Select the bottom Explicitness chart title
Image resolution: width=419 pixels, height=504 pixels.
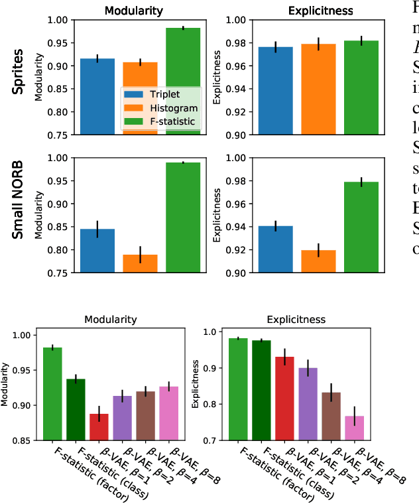296,319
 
